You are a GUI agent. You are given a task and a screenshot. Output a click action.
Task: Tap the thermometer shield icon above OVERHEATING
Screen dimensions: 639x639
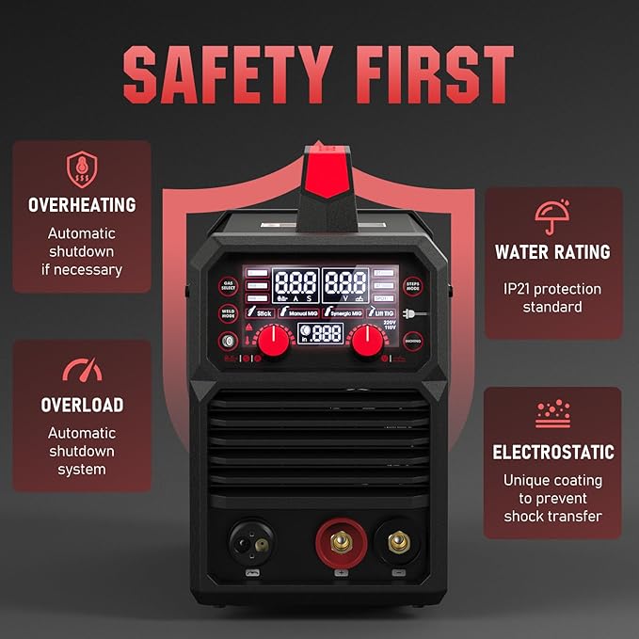click(81, 170)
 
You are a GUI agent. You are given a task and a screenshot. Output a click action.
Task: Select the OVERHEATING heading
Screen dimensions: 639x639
click(82, 204)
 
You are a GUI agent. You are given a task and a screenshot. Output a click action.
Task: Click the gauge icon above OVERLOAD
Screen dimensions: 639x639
click(81, 370)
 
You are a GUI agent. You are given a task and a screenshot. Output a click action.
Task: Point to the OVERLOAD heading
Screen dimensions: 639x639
click(82, 406)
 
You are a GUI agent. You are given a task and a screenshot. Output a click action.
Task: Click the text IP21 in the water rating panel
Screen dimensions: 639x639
click(517, 289)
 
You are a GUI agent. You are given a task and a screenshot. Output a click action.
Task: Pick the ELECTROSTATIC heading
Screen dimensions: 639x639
click(552, 453)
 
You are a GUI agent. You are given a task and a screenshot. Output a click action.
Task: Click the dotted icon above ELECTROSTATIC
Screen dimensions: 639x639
click(552, 414)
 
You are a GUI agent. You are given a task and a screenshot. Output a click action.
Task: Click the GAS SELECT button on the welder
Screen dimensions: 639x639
click(228, 284)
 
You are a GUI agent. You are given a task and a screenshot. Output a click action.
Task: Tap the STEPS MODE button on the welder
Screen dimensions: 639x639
click(411, 284)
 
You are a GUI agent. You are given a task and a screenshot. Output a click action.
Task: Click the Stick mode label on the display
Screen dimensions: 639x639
click(260, 312)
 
